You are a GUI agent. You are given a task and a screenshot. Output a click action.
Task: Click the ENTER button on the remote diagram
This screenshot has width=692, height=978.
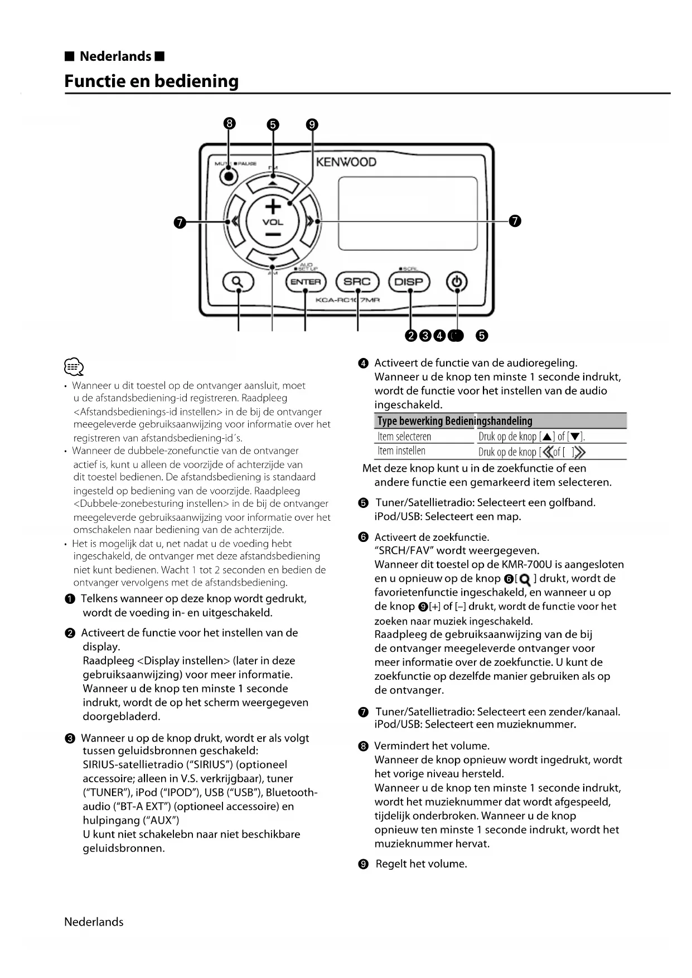click(305, 282)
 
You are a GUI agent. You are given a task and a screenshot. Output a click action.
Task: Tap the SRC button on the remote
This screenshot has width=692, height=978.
click(357, 282)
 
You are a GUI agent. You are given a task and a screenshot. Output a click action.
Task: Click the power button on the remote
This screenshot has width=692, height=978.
click(457, 282)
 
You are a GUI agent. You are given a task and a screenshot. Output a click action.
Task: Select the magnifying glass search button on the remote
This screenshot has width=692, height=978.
click(238, 282)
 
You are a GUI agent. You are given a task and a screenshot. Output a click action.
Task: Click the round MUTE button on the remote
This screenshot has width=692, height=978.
click(228, 176)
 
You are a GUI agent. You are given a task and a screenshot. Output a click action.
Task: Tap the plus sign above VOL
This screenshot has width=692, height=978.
click(273, 206)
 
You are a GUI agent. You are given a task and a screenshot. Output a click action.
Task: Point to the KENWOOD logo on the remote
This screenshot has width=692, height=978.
click(346, 162)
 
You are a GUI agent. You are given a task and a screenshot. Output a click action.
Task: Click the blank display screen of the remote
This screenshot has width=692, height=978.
click(408, 214)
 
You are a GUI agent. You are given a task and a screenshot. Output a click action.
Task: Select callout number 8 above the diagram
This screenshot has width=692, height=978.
click(229, 124)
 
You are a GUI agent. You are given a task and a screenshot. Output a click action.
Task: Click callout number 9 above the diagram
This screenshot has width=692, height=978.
click(312, 124)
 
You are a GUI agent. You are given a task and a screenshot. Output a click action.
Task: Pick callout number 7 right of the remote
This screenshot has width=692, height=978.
click(515, 221)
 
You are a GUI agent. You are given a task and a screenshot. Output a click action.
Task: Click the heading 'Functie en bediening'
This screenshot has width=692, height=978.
click(151, 81)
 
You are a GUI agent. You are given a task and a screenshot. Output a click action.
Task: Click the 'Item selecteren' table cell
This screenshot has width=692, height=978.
click(404, 437)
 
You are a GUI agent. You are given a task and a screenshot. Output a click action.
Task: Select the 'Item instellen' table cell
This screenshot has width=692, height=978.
click(401, 451)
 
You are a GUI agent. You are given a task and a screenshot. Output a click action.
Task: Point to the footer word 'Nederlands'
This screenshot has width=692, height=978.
click(94, 922)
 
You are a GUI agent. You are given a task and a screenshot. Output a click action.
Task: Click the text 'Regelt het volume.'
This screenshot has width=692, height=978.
click(421, 864)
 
